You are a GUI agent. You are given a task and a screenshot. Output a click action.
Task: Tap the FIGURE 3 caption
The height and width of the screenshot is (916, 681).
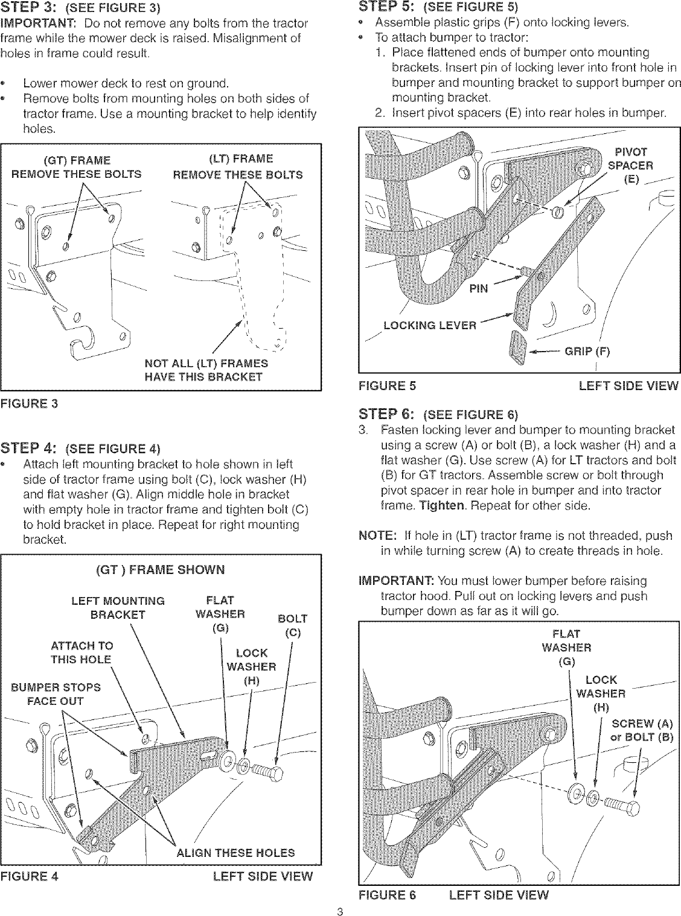(x=30, y=403)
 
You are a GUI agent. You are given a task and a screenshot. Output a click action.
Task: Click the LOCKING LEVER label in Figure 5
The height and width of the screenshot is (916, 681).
(x=430, y=326)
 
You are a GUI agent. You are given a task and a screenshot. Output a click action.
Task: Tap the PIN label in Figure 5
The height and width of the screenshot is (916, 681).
(x=479, y=288)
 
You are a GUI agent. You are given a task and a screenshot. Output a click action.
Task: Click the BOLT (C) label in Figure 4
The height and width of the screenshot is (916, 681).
(x=292, y=626)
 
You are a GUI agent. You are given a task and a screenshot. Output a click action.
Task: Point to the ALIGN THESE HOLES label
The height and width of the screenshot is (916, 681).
(x=235, y=853)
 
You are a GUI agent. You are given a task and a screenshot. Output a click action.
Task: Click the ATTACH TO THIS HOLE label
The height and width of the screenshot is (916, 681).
(x=82, y=652)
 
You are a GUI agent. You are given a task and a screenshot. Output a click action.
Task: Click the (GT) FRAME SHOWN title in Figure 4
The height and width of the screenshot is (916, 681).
(x=160, y=570)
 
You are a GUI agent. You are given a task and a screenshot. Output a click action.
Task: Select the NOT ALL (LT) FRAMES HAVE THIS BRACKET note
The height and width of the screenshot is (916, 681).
(x=206, y=370)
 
